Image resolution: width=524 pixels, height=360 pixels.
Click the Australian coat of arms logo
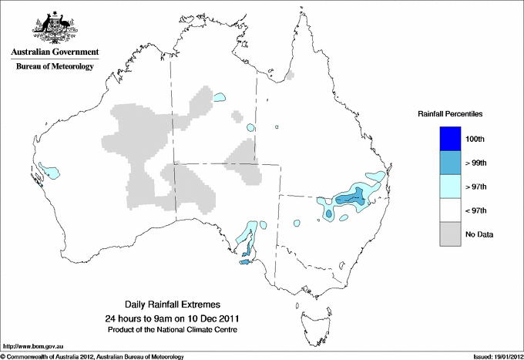(x=54, y=25)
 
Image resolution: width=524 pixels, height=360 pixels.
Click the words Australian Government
(x=54, y=52)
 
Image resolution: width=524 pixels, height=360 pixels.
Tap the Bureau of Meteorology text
(x=54, y=67)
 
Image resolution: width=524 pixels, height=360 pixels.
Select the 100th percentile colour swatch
(x=450, y=139)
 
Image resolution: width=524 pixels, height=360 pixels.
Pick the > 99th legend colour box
(x=450, y=163)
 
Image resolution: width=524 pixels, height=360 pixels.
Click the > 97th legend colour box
(x=450, y=187)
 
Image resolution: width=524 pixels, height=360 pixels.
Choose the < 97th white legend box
(x=450, y=210)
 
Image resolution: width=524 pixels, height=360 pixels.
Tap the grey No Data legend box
(x=450, y=234)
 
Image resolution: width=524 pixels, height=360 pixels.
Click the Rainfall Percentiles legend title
(x=450, y=113)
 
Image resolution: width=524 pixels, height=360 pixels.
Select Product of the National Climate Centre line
(x=171, y=329)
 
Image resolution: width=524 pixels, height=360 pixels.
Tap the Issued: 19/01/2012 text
(x=492, y=356)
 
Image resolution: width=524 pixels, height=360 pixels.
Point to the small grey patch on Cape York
(x=290, y=76)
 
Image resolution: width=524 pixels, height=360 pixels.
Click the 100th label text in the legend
(x=475, y=139)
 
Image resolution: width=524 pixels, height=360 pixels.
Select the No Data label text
(x=479, y=234)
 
